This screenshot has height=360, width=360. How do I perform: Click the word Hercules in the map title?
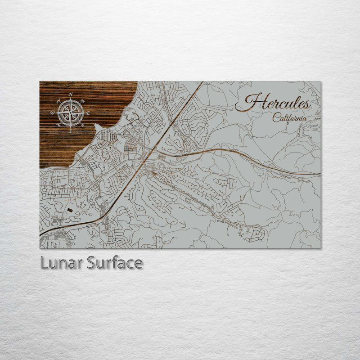coord(273,103)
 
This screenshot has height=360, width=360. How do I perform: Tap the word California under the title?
coord(290,117)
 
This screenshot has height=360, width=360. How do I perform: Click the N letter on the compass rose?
coord(71,94)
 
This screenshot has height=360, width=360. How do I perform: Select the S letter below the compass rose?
coord(71,131)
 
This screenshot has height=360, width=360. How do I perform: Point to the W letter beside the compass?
coord(53,113)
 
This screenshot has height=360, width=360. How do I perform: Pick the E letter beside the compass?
coord(88,113)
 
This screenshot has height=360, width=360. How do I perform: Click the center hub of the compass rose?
coord(71,112)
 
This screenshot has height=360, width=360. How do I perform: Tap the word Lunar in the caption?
coord(61,263)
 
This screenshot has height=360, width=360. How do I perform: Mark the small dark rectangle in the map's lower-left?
coord(69,210)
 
